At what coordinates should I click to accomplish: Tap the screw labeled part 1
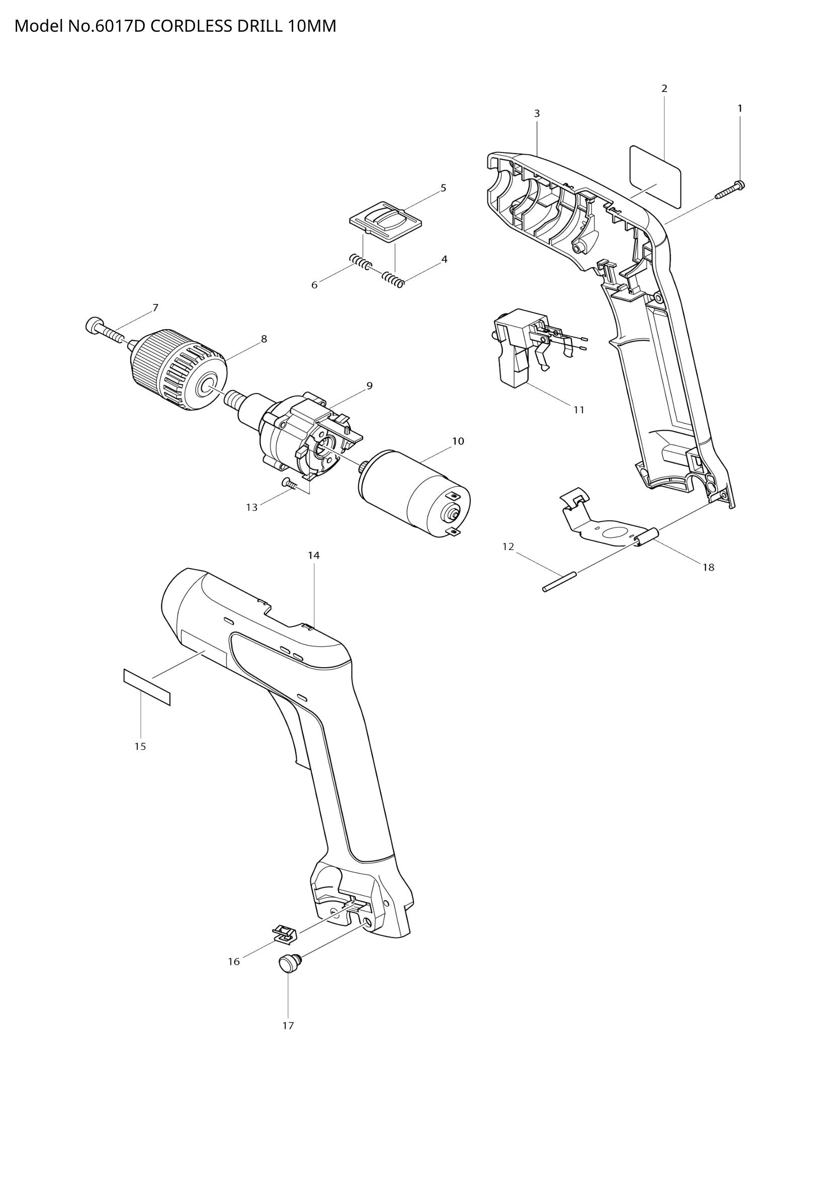[730, 190]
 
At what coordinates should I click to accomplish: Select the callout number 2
[664, 89]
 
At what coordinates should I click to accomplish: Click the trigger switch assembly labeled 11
[518, 349]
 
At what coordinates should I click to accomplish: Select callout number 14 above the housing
[313, 555]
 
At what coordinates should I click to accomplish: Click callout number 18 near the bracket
[708, 567]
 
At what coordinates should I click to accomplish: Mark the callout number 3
[537, 114]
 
